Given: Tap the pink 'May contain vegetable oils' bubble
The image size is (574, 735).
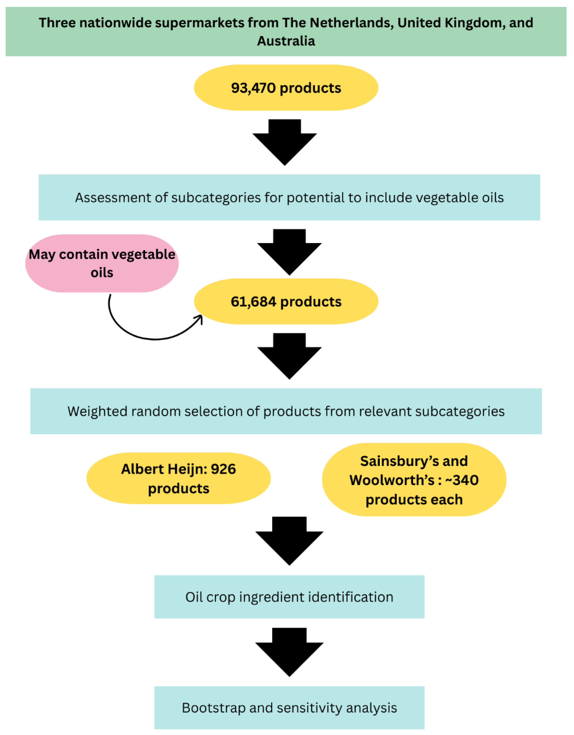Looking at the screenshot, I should (x=102, y=263).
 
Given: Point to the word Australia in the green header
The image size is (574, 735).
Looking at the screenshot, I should (x=286, y=41).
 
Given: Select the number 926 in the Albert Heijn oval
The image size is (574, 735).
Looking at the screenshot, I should (x=223, y=469).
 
